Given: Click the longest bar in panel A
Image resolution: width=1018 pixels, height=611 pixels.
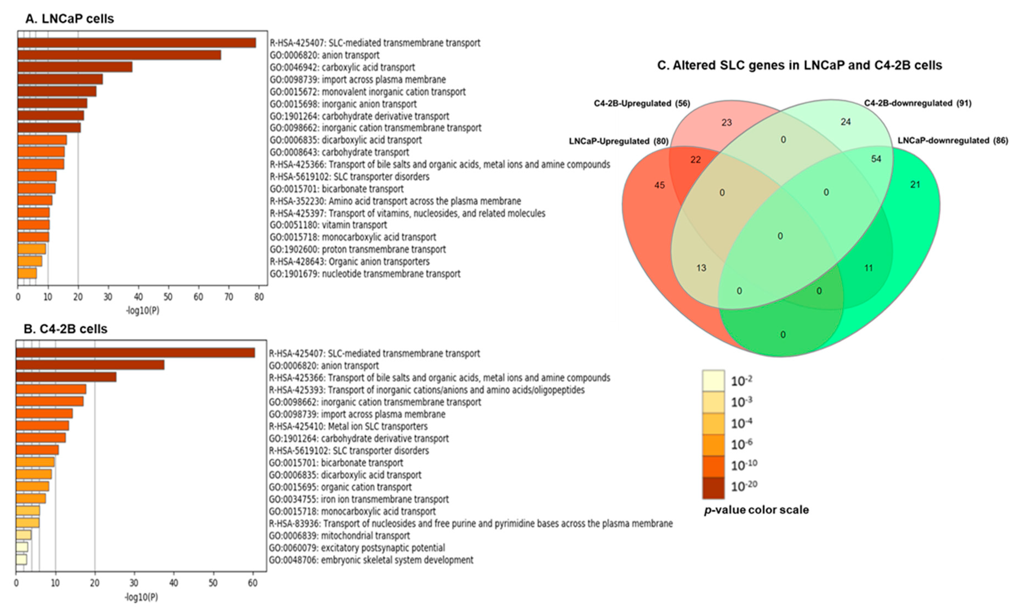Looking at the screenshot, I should pos(137,43).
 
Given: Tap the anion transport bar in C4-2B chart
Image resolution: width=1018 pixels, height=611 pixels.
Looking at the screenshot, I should pos(90,365).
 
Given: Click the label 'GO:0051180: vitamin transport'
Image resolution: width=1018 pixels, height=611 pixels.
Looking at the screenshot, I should pos(328,225).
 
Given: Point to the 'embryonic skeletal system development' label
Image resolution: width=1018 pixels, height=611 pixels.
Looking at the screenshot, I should pos(371,560).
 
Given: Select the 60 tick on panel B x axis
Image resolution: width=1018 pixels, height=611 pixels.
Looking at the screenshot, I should pos(252,583).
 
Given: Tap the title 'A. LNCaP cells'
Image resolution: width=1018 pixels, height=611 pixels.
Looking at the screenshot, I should pos(69,19).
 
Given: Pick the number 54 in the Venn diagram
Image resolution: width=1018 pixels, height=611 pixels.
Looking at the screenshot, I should pos(876,159).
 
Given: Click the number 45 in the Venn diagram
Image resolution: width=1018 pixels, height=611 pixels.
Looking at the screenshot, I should pos(659,185).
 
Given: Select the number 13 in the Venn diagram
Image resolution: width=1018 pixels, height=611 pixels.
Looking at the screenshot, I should pos(701,268).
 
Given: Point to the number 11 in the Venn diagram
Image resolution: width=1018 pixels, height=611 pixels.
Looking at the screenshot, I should pos(868,268).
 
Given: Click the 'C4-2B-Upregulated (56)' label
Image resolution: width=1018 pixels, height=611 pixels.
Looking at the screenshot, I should pos(641,103).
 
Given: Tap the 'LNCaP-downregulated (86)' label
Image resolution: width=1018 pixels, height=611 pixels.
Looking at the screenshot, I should pos(952,140).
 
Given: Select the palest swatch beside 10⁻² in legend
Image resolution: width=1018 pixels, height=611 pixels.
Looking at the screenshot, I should pos(713,381).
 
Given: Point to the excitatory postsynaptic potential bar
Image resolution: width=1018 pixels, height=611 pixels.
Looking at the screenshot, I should pos(22,547).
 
